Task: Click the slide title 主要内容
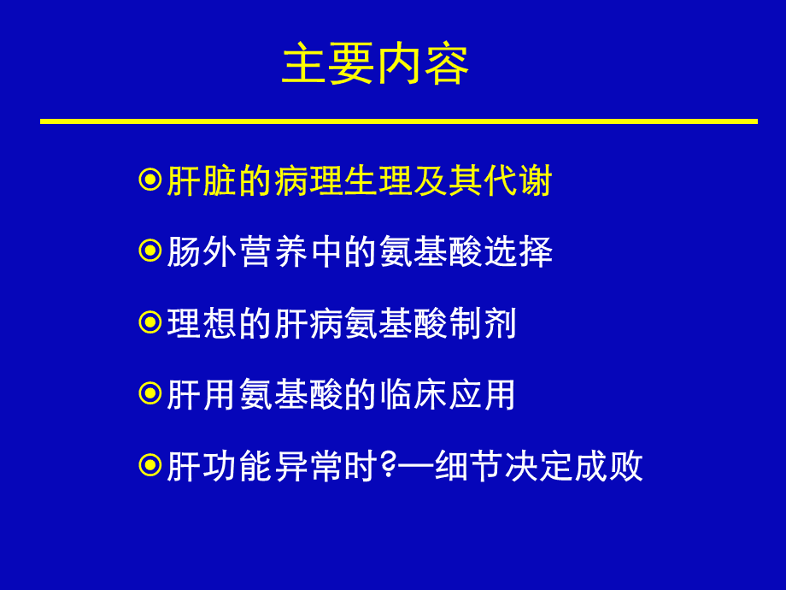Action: (x=375, y=65)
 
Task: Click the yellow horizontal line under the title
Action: (x=398, y=121)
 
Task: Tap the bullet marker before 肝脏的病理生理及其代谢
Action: (x=150, y=180)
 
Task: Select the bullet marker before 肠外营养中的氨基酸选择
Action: (x=150, y=251)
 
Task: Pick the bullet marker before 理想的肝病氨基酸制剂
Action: (x=150, y=322)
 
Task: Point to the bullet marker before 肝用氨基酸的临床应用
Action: (x=150, y=393)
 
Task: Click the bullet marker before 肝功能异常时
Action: (x=150, y=465)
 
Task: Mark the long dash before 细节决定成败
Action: (x=415, y=467)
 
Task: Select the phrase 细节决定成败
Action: (x=538, y=467)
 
